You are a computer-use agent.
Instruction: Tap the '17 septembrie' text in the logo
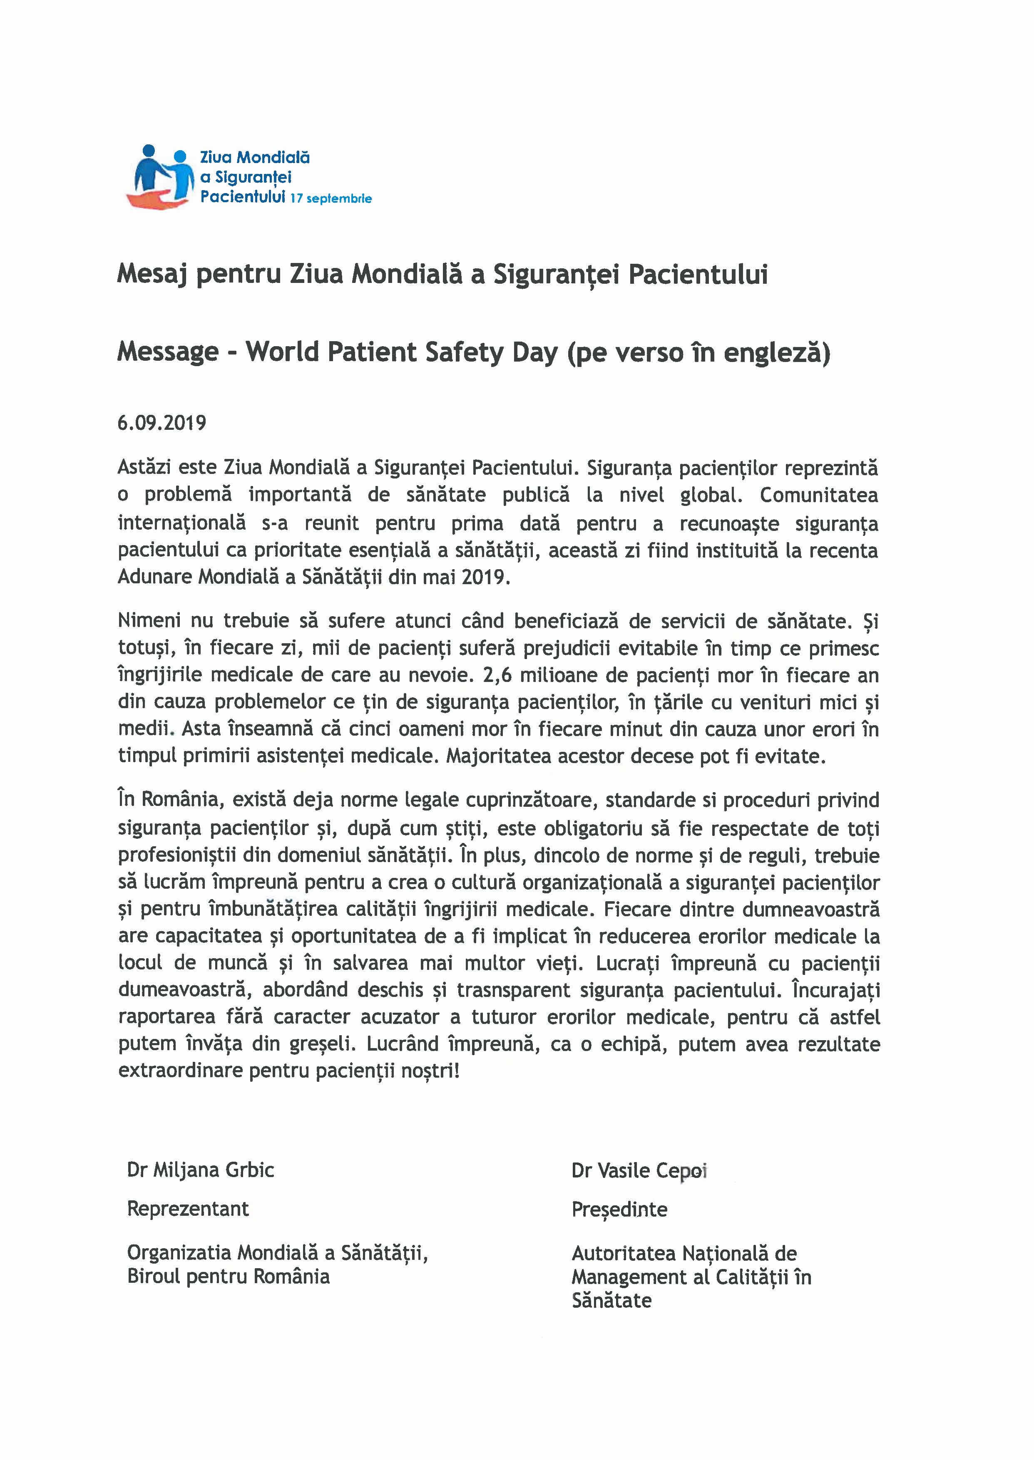tap(331, 198)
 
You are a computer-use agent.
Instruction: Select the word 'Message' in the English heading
tap(167, 352)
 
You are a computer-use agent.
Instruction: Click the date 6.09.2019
tap(162, 423)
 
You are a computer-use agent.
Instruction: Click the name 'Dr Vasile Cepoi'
tap(639, 1171)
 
